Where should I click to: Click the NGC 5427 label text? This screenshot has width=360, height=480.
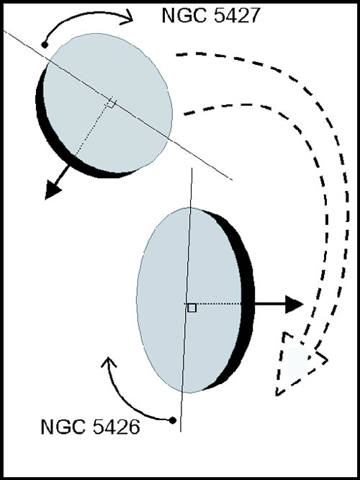[x=211, y=15]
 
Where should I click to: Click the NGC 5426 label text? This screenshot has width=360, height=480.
[x=90, y=427]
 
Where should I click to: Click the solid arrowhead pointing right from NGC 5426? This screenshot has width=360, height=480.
[x=294, y=304]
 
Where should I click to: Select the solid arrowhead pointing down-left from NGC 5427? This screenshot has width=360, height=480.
[x=53, y=190]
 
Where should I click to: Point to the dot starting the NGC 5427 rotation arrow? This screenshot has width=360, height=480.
[x=45, y=45]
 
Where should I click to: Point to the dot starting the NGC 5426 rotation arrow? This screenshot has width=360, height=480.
[x=173, y=420]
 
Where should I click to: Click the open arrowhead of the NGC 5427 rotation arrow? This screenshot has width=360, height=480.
[x=127, y=17]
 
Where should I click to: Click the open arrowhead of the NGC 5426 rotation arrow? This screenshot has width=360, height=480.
[x=108, y=362]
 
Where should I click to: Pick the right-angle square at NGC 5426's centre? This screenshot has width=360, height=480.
[x=192, y=308]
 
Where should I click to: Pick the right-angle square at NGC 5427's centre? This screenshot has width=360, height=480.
[x=110, y=103]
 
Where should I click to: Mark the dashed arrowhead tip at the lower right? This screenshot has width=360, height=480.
[x=276, y=395]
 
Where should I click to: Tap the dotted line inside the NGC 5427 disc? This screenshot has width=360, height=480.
[x=91, y=129]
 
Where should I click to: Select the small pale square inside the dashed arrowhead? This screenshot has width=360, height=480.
[x=298, y=362]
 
